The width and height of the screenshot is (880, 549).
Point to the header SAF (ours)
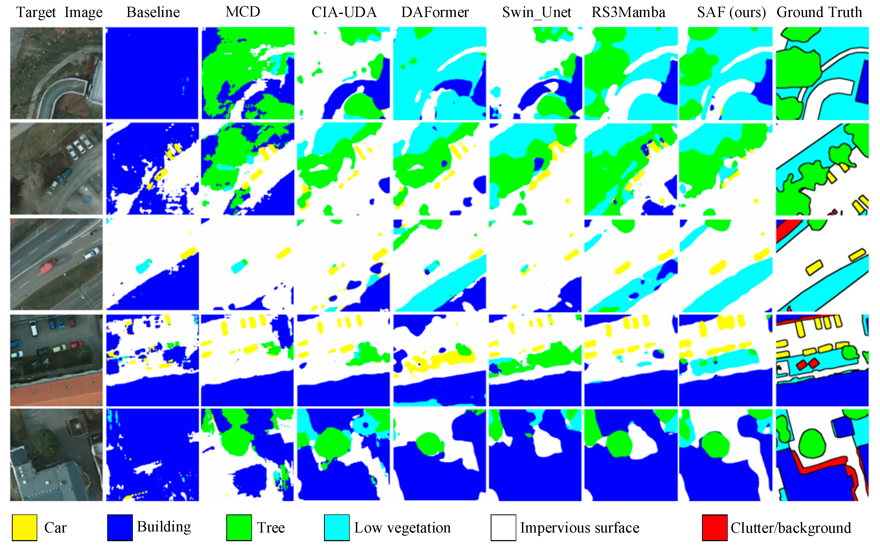[731, 12]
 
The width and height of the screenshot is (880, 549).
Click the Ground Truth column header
[819, 12]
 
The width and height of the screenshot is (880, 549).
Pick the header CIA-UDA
[344, 12]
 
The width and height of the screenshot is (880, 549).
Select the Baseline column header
[153, 12]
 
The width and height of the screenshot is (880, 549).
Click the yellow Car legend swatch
[24, 527]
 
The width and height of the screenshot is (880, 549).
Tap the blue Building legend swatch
[120, 527]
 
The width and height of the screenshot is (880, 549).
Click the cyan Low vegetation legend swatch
[337, 527]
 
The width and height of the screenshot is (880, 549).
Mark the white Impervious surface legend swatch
[503, 527]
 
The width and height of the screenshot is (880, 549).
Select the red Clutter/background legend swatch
[714, 527]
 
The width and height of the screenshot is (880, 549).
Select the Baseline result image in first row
[152, 73]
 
